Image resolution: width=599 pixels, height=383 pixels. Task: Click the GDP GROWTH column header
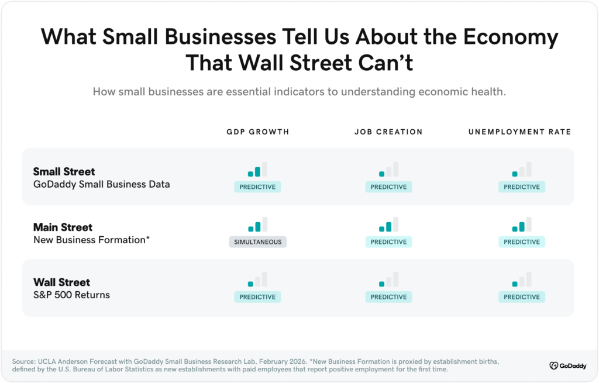coord(257,132)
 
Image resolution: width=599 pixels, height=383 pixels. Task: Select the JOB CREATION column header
coord(388,132)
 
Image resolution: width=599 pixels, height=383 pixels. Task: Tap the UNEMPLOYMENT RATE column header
coord(519,132)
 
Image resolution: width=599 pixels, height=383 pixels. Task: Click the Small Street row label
coord(64,171)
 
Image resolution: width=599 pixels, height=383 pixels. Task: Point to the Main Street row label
coord(63,227)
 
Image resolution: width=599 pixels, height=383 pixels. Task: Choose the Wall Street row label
coord(61,282)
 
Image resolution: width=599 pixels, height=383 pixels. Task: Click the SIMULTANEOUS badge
coord(257,242)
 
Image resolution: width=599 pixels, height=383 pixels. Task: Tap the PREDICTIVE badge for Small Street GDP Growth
coord(257,187)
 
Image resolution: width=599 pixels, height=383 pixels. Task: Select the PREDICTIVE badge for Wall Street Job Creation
coord(388,297)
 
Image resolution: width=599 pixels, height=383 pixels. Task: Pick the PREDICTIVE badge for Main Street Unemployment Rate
coord(521,242)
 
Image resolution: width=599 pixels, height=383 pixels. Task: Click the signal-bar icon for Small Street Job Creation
coord(388,170)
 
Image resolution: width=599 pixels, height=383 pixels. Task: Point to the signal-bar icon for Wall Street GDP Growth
coord(257,280)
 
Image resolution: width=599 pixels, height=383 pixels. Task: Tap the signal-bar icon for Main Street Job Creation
coord(388,225)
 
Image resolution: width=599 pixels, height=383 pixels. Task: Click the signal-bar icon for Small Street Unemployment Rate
coord(521,170)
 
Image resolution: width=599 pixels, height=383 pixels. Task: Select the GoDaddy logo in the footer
coord(566,365)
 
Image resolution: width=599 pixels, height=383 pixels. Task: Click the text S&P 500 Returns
coord(71,295)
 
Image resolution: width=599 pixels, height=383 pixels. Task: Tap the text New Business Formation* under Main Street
coord(91,240)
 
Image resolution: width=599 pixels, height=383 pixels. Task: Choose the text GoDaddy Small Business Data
coord(101,184)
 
